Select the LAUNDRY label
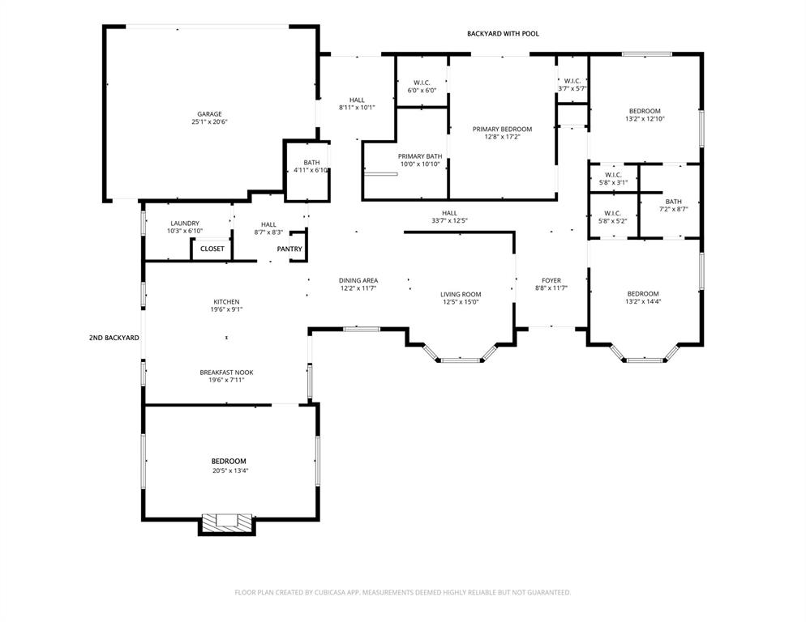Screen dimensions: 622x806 (185, 224)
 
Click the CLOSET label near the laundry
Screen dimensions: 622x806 (212, 249)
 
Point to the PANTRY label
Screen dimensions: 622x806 (289, 249)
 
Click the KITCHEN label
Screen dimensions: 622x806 (226, 301)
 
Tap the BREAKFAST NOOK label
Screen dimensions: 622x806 (226, 373)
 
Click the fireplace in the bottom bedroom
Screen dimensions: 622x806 (227, 522)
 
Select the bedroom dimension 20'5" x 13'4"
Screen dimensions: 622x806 (229, 471)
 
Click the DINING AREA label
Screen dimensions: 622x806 (358, 280)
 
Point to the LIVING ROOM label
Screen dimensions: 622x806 (461, 294)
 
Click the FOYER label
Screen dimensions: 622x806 (551, 280)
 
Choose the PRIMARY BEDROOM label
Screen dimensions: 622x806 (502, 129)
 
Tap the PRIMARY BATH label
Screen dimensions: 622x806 (420, 156)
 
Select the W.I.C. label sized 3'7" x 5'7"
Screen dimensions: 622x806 (572, 80)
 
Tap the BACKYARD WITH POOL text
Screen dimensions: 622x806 (503, 34)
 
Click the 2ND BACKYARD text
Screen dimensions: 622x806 (114, 337)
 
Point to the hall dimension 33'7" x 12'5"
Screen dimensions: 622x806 (449, 220)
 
